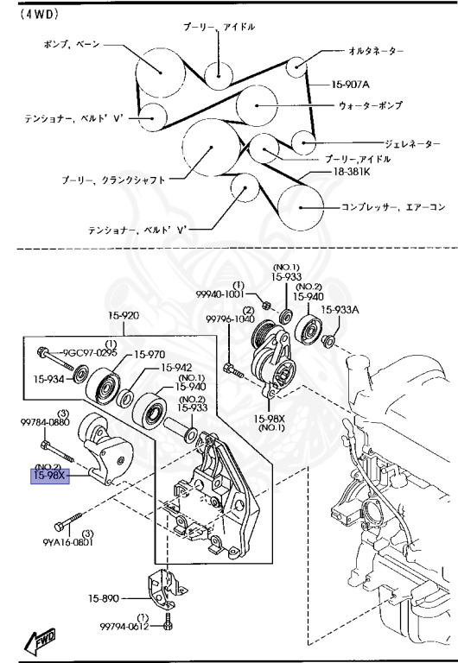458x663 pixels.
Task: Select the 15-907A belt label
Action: tap(351, 85)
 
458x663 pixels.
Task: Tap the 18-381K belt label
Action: tap(352, 173)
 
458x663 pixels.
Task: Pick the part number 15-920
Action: tap(124, 315)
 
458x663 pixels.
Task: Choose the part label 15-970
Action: tap(149, 353)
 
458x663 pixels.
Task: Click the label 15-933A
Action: tap(340, 309)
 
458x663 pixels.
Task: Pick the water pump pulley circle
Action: tap(258, 107)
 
